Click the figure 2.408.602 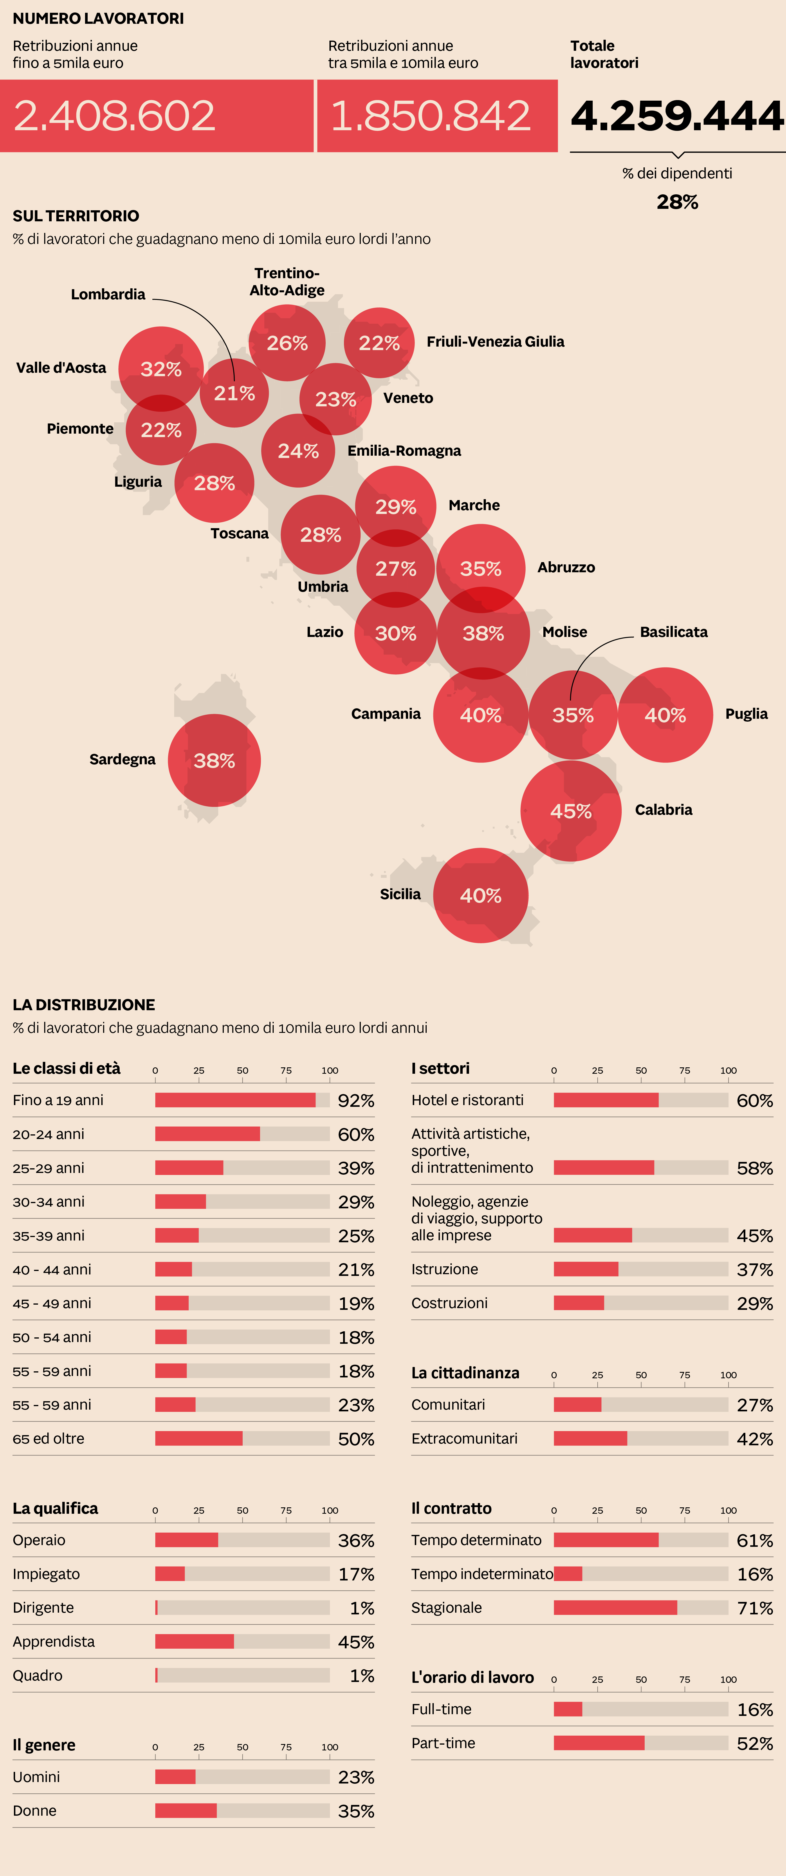[x=114, y=116]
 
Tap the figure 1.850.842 [x=430, y=116]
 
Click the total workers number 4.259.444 [x=677, y=116]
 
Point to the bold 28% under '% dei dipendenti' [x=677, y=202]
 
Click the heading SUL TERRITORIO [x=76, y=216]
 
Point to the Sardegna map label [x=122, y=759]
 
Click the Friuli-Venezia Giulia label [x=495, y=342]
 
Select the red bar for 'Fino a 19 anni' [x=235, y=1100]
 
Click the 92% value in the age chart [x=356, y=1100]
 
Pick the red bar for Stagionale [x=616, y=1607]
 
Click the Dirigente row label [x=43, y=1607]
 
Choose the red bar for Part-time [x=599, y=1743]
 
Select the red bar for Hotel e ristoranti [x=606, y=1100]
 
